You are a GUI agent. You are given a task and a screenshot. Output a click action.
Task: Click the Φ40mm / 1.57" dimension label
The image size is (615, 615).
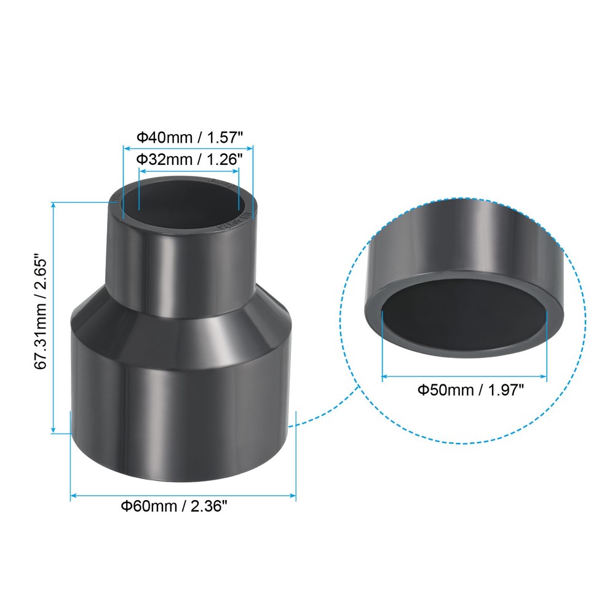click(188, 136)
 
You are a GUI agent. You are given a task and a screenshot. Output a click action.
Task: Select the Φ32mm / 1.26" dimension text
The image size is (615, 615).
click(189, 159)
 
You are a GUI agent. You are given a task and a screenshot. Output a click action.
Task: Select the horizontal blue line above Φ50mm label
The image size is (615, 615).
click(464, 376)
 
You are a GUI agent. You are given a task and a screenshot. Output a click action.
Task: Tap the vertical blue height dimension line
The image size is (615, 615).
click(54, 317)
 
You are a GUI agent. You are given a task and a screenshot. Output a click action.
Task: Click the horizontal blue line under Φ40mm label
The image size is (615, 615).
click(188, 148)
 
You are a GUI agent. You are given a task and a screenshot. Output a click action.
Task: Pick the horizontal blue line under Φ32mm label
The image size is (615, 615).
click(189, 171)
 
